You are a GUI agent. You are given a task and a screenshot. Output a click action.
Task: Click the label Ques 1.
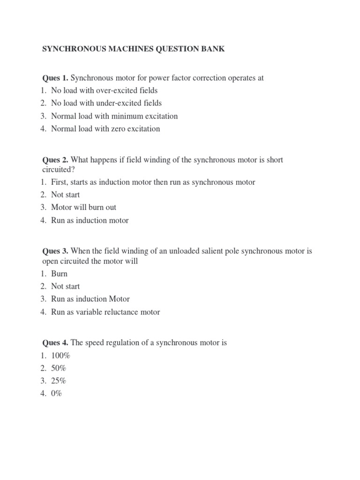pyautogui.click(x=55, y=78)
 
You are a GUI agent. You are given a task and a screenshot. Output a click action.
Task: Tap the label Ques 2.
pyautogui.click(x=55, y=160)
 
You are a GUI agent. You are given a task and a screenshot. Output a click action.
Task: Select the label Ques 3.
pyautogui.click(x=55, y=251)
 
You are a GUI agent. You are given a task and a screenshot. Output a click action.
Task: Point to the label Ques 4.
pyautogui.click(x=55, y=343)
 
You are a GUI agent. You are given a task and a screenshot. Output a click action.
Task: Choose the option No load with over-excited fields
pyautogui.click(x=104, y=90)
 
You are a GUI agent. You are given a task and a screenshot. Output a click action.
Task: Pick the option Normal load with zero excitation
pyautogui.click(x=105, y=128)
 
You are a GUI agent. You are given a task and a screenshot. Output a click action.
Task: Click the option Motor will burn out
pyautogui.click(x=83, y=207)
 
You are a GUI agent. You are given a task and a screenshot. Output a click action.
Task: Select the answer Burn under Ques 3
pyautogui.click(x=59, y=274)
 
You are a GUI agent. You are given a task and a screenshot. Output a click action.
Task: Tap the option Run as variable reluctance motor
pyautogui.click(x=105, y=312)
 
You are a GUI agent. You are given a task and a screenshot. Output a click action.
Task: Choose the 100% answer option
pyautogui.click(x=60, y=356)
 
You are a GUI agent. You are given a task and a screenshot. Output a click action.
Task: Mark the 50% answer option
pyautogui.click(x=59, y=368)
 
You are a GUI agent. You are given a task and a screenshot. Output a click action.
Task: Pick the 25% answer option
pyautogui.click(x=59, y=381)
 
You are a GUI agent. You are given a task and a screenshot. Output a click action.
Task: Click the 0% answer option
pyautogui.click(x=57, y=394)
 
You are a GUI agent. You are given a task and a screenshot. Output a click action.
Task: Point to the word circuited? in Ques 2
pyautogui.click(x=56, y=169)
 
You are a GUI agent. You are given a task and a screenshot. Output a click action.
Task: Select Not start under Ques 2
pyautogui.click(x=65, y=195)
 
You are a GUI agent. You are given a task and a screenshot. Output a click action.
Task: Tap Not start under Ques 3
pyautogui.click(x=65, y=286)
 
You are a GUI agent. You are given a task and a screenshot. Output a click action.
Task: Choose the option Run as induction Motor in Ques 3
pyautogui.click(x=90, y=299)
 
